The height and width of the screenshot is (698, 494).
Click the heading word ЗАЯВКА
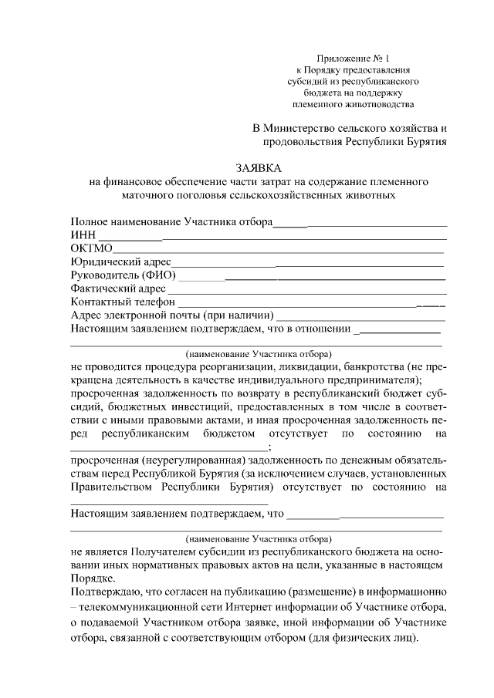(259, 168)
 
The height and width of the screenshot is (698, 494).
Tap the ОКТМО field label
(92, 248)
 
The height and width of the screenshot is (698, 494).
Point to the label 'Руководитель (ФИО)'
(123, 275)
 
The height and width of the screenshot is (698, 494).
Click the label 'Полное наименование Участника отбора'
(171, 222)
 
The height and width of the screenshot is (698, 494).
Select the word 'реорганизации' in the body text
(245, 366)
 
